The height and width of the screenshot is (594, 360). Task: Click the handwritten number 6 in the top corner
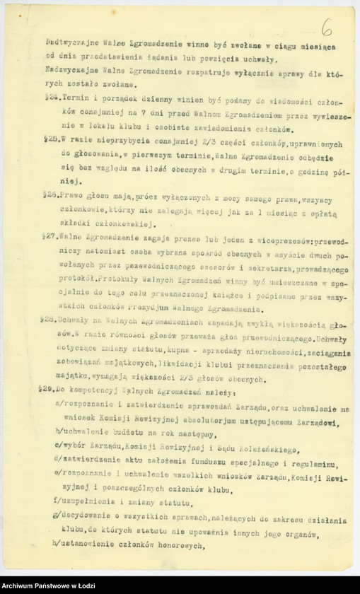(x=326, y=28)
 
